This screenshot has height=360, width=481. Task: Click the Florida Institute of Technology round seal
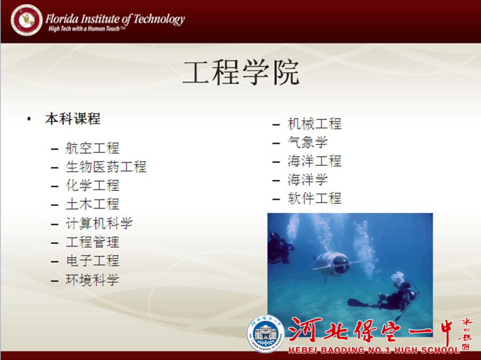pyautogui.click(x=26, y=20)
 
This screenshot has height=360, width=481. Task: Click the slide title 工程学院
pyautogui.click(x=241, y=72)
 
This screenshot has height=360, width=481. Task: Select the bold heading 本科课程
pyautogui.click(x=73, y=119)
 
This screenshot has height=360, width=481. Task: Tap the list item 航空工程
pyautogui.click(x=92, y=148)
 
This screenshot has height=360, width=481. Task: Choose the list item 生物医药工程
pyautogui.click(x=106, y=167)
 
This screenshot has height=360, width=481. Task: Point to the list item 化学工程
pyautogui.click(x=92, y=186)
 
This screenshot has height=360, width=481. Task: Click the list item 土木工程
pyautogui.click(x=92, y=204)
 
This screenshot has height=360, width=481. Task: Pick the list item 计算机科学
pyautogui.click(x=99, y=223)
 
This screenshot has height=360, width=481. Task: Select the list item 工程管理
pyautogui.click(x=92, y=242)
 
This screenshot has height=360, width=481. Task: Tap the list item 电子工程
pyautogui.click(x=92, y=261)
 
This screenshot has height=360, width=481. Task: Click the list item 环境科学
pyautogui.click(x=92, y=280)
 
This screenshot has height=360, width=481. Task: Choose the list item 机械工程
pyautogui.click(x=314, y=124)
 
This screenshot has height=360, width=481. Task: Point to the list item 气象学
pyautogui.click(x=308, y=142)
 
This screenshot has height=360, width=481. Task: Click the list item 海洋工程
pyautogui.click(x=314, y=161)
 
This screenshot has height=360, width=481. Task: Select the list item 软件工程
pyautogui.click(x=314, y=198)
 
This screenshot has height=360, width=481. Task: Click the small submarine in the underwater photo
pyautogui.click(x=333, y=264)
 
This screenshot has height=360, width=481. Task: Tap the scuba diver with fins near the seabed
pyautogui.click(x=387, y=296)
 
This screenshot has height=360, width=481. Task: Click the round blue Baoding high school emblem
pyautogui.click(x=266, y=334)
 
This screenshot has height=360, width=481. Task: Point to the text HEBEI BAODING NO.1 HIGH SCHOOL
pyautogui.click(x=374, y=350)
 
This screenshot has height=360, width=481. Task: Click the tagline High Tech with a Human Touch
pyautogui.click(x=87, y=29)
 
